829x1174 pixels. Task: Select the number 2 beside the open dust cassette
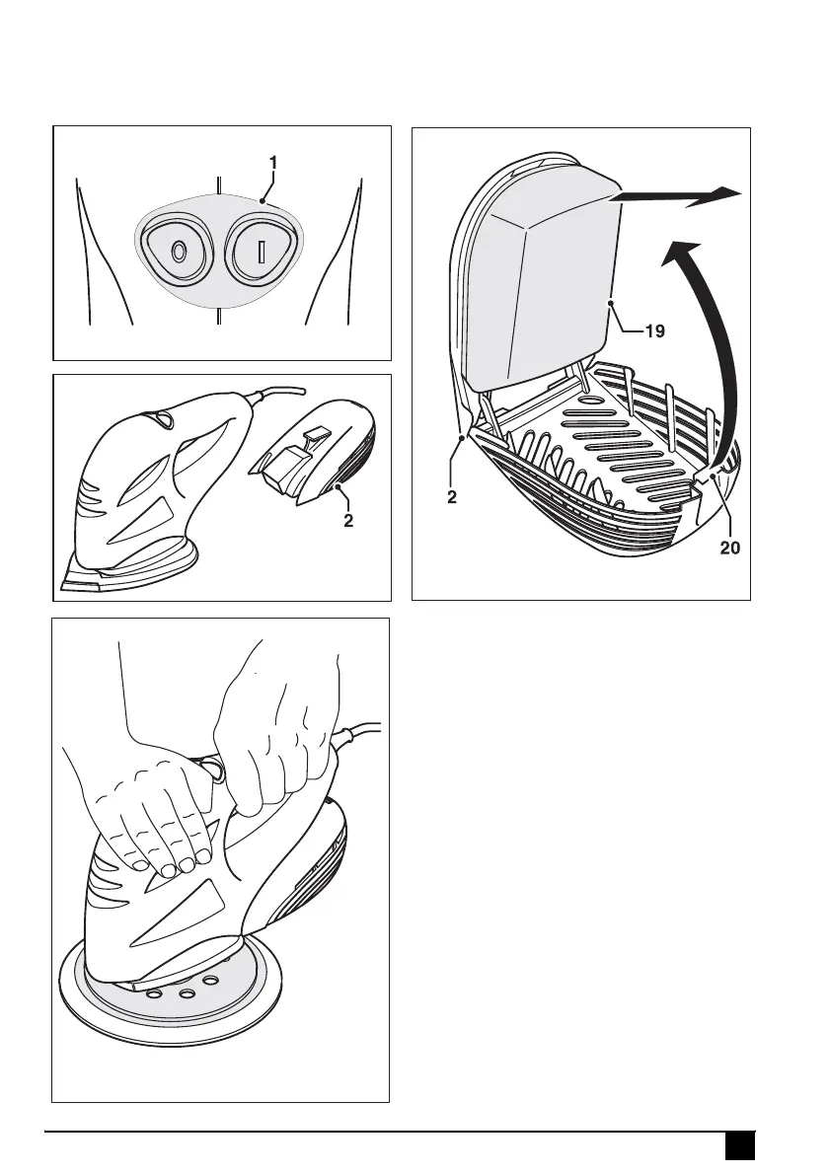point(451,498)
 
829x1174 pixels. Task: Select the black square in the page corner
point(740,1146)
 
